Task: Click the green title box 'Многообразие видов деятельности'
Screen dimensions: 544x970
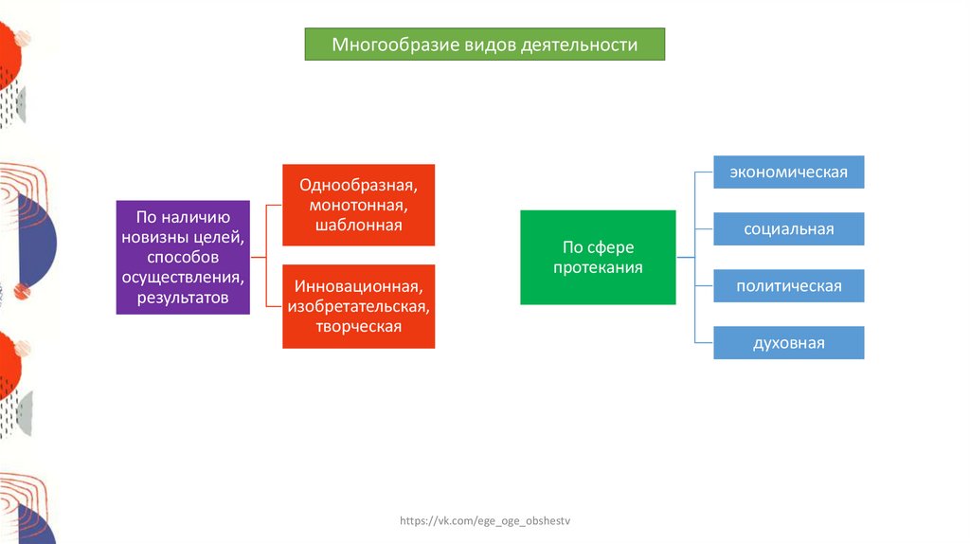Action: coord(484,45)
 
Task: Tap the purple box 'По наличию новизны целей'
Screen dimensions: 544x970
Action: coord(183,257)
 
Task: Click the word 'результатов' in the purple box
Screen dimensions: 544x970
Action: coord(183,298)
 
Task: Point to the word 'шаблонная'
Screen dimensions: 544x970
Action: coord(359,225)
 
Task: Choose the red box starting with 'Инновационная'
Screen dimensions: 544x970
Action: coord(359,305)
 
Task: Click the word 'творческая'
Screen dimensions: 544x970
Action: coord(359,326)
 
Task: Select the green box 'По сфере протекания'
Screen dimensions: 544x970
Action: coord(598,257)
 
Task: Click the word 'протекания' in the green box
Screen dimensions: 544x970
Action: coord(598,267)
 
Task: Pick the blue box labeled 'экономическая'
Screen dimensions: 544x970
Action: coord(788,172)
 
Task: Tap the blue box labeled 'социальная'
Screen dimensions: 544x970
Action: coord(788,229)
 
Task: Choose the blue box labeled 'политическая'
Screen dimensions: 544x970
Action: coord(788,286)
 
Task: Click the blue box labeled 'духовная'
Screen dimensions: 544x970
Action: coord(788,343)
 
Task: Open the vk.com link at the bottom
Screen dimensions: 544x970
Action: coord(487,521)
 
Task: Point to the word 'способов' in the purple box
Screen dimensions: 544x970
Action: coord(183,257)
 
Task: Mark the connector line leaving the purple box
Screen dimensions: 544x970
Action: coord(259,257)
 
